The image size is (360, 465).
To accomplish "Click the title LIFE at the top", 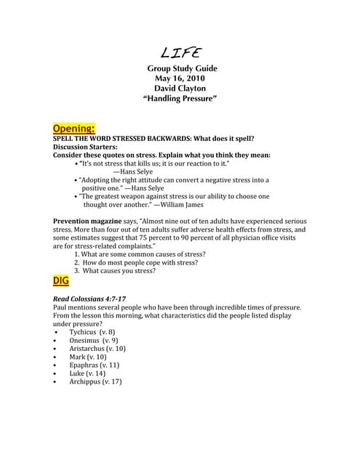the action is pyautogui.click(x=181, y=52).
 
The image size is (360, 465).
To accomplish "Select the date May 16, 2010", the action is pyautogui.click(x=181, y=78).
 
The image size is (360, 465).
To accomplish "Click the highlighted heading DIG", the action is pyautogui.click(x=63, y=280).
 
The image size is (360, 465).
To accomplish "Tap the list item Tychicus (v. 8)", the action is pyautogui.click(x=92, y=331).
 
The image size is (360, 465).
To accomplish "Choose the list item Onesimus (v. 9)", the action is pyautogui.click(x=94, y=340).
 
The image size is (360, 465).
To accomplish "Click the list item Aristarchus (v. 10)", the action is pyautogui.click(x=97, y=348).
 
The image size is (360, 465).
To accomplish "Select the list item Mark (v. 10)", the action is pyautogui.click(x=87, y=357).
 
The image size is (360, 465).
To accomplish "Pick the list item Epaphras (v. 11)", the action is pyautogui.click(x=94, y=365).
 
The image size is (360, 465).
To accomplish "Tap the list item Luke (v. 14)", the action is pyautogui.click(x=87, y=373).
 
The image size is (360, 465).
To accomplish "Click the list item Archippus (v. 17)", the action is pyautogui.click(x=95, y=381).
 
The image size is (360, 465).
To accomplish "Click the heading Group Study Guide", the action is pyautogui.click(x=183, y=68).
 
